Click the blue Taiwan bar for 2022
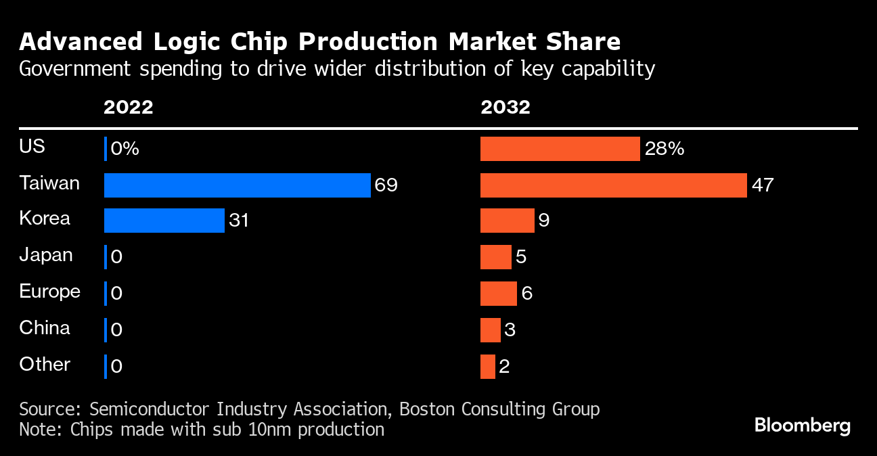237,185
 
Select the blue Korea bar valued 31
164,221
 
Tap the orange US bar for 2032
560,149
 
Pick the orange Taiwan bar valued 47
613,185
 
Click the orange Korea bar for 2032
507,221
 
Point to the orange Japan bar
495,257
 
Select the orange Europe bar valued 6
498,294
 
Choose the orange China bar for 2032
490,330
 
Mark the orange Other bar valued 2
487,366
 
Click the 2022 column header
129,107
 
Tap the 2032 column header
505,107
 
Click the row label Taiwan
49,183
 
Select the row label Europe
49,292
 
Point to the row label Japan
46,255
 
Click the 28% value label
665,149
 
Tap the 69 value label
386,185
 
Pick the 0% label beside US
125,149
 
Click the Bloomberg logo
802,426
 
